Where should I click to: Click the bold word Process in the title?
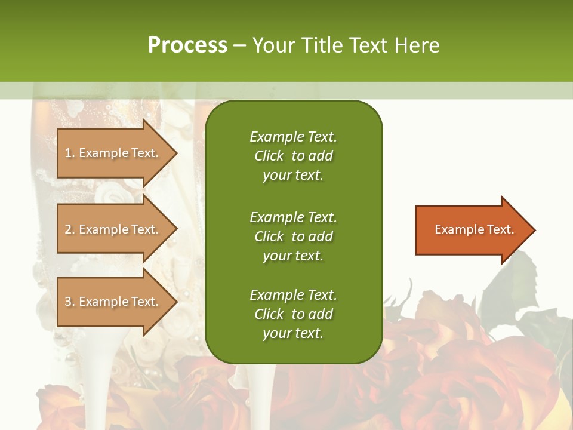coord(187,45)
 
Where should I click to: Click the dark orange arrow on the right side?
coord(472,230)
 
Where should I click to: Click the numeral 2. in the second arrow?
coord(69,229)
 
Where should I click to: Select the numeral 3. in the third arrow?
coord(69,302)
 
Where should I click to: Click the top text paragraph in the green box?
coord(293,156)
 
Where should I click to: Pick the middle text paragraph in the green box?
coord(293,236)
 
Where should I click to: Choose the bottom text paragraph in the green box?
coord(293,314)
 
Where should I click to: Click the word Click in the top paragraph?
coord(269,156)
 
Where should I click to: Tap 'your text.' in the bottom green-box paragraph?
coord(293,333)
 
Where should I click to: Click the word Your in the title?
coord(275,45)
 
